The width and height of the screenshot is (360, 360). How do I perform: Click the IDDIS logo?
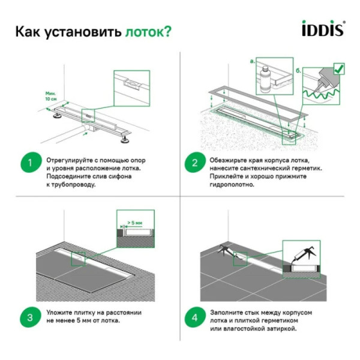pyautogui.click(x=322, y=29)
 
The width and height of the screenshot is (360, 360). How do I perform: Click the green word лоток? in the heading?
pyautogui.click(x=148, y=32)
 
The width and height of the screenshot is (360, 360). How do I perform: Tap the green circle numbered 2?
pyautogui.click(x=195, y=163)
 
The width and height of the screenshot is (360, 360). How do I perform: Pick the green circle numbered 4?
pyautogui.click(x=195, y=318)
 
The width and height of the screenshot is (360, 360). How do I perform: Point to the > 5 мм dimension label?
pyautogui.click(x=134, y=223)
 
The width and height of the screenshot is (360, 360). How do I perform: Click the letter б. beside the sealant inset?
pyautogui.click(x=298, y=70)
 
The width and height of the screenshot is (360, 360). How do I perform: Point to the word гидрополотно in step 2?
pyautogui.click(x=231, y=185)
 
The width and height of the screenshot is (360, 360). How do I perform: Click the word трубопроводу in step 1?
pyautogui.click(x=71, y=185)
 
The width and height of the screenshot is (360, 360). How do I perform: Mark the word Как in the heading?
pyautogui.click(x=28, y=32)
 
